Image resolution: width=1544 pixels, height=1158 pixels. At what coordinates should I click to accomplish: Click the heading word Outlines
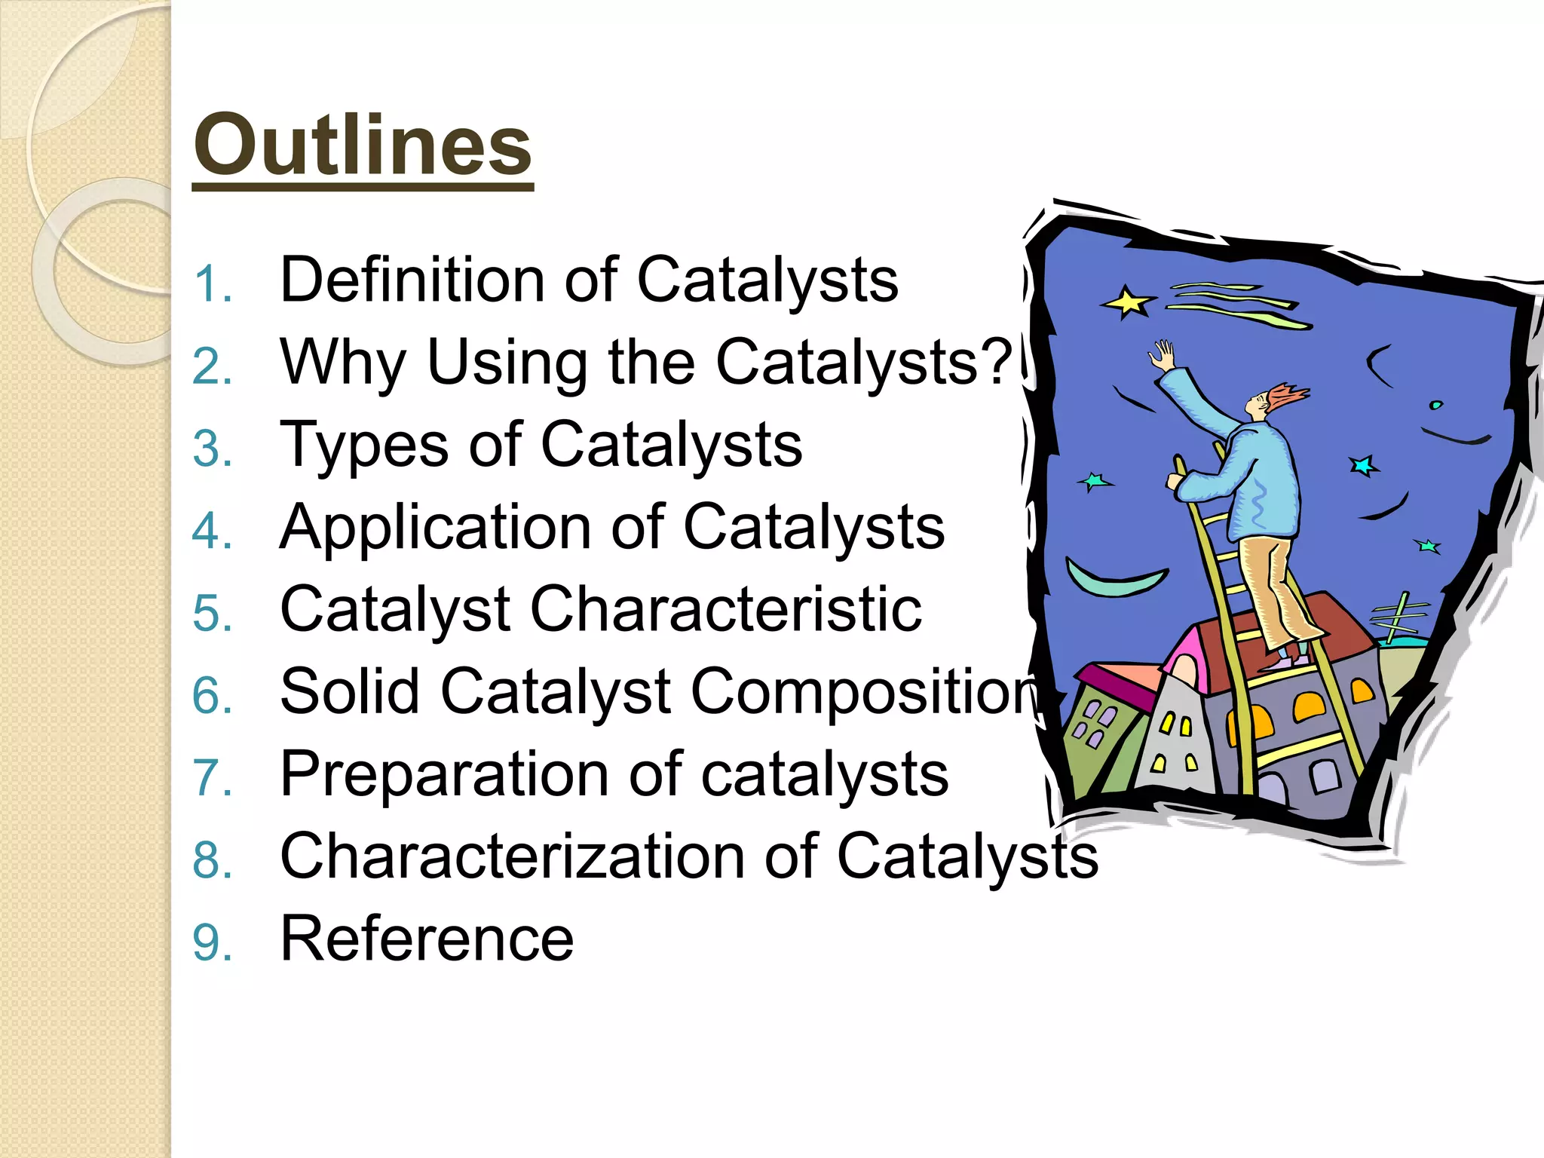(363, 145)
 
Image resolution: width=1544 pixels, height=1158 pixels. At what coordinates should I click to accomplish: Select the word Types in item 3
(364, 446)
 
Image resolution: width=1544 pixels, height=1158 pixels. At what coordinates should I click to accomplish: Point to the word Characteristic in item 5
(726, 609)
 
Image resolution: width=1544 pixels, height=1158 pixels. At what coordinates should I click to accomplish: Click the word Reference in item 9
(427, 939)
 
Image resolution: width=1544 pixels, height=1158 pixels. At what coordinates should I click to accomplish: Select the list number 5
(210, 613)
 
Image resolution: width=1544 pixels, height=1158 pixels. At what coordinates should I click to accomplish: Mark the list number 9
(210, 943)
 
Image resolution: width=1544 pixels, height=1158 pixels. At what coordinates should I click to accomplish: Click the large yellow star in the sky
(1126, 302)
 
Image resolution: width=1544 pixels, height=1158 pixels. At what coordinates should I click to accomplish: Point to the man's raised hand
(1164, 354)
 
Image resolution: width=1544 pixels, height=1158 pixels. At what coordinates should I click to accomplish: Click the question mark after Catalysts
(1001, 362)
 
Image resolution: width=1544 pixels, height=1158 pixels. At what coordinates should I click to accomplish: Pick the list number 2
(210, 367)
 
